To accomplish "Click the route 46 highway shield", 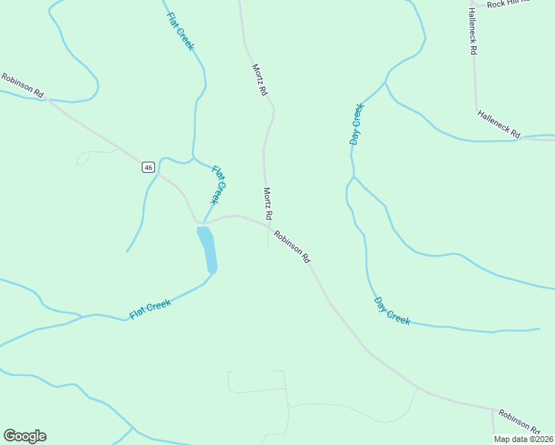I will coord(149,168).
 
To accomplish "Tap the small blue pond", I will coord(207,248).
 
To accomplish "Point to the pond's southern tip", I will coord(212,271).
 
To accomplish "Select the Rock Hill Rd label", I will coord(509,3).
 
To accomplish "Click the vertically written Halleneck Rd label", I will coord(472,32).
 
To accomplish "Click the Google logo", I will coord(24,436).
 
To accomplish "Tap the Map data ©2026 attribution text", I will coord(523,439).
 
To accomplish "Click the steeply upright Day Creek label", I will coord(357,124).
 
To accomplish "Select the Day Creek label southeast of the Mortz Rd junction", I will coord(392,311).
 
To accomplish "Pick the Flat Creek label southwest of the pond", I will coord(151,309).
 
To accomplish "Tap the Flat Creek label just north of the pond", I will coord(217,185).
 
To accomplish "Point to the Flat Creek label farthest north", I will coord(180,31).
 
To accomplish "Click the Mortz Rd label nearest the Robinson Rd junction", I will coord(268,203).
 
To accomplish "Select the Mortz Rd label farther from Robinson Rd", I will coord(258,80).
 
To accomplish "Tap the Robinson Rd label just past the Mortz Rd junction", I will coord(291,247).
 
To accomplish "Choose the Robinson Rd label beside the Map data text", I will coord(519,421).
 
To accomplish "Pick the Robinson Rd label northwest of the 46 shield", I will coord(23,85).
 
